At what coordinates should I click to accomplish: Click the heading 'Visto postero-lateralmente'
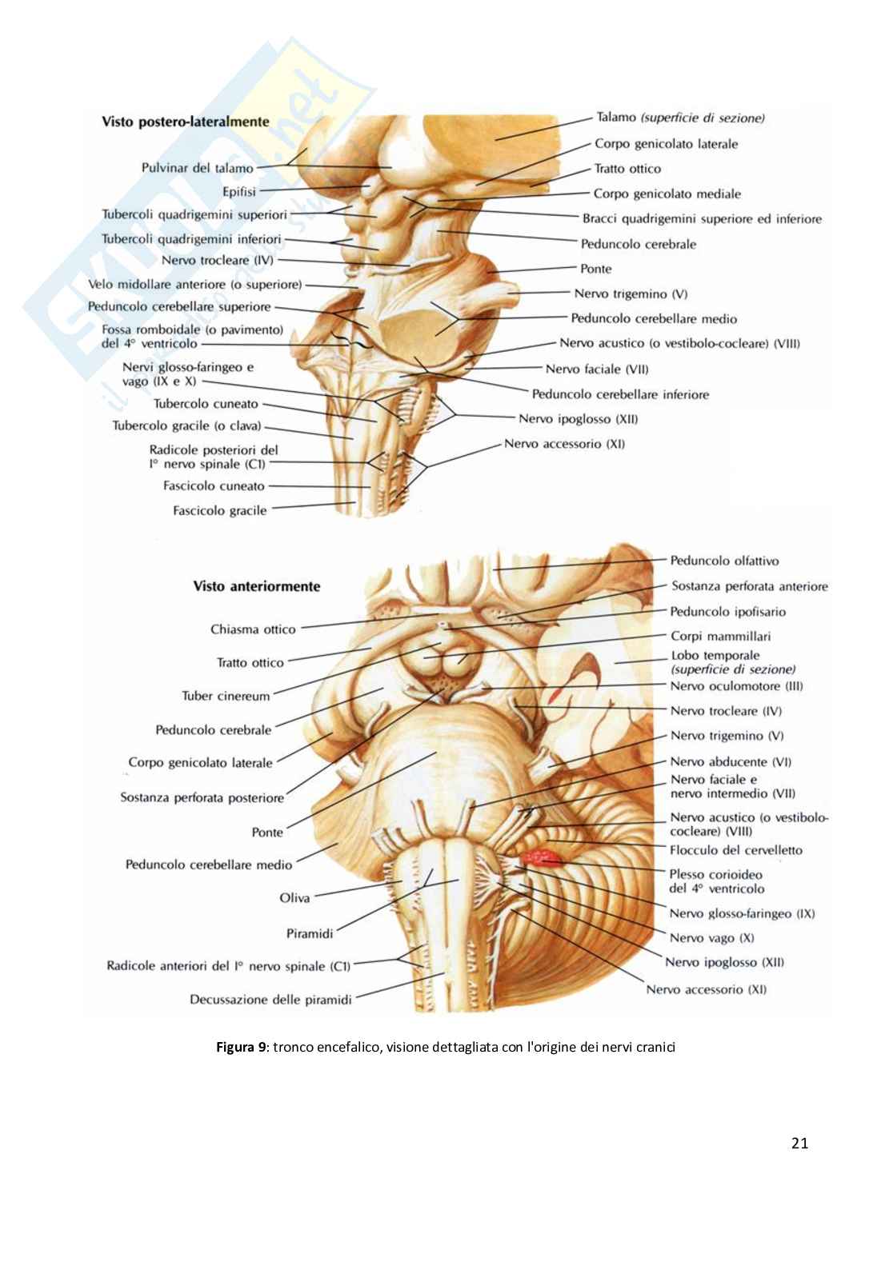[x=185, y=122]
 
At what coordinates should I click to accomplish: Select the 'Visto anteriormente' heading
[x=256, y=586]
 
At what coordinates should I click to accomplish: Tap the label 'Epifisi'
[x=239, y=192]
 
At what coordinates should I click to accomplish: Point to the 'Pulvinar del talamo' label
[x=197, y=168]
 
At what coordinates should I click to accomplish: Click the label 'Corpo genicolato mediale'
[x=667, y=194]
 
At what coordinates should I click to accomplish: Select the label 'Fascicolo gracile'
[x=219, y=510]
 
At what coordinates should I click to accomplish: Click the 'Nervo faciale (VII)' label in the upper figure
[x=596, y=369]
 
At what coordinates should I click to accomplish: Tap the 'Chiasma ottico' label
[x=253, y=629]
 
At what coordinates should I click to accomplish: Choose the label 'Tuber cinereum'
[x=226, y=696]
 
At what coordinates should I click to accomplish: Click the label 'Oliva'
[x=294, y=898]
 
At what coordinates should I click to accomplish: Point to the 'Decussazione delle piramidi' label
[x=270, y=1000]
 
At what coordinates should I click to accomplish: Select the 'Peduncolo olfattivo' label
[x=724, y=561]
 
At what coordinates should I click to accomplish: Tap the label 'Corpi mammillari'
[x=720, y=637]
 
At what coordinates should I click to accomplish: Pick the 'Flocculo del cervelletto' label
[x=735, y=850]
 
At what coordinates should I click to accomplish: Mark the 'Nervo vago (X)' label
[x=711, y=938]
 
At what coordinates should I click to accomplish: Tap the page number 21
[x=799, y=1143]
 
